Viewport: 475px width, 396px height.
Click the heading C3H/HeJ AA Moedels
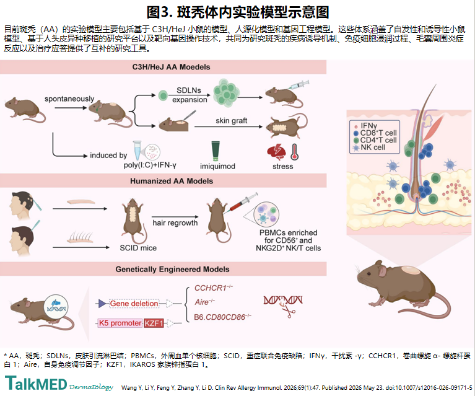tap(171, 67)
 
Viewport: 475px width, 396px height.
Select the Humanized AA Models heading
tap(172, 181)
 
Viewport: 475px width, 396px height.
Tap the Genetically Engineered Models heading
tap(172, 269)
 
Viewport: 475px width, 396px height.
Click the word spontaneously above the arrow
tap(69, 99)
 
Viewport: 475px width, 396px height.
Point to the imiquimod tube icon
tap(216, 151)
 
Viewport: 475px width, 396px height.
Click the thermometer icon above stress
tap(294, 152)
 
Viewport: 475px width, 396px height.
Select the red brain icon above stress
tap(276, 152)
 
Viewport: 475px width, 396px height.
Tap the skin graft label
tap(232, 121)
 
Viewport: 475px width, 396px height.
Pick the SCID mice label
tap(138, 248)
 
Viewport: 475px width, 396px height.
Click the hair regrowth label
tap(175, 223)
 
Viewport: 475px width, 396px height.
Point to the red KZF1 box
tap(154, 323)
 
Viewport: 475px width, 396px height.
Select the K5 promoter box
tap(120, 323)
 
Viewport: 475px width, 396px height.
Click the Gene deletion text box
tap(134, 304)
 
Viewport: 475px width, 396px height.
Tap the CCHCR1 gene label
tap(214, 288)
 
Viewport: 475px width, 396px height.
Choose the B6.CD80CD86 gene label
tap(223, 317)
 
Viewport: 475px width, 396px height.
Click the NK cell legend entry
tap(369, 147)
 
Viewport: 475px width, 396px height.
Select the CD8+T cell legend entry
tap(375, 133)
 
